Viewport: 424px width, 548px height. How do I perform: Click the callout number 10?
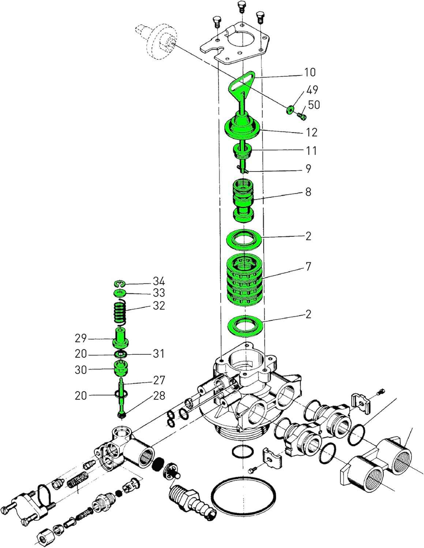(x=309, y=72)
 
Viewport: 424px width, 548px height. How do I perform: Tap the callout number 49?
(x=312, y=90)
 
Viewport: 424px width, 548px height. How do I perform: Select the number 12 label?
(x=312, y=132)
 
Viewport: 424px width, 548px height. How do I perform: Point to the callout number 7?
(x=308, y=267)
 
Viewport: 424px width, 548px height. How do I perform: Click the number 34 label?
(x=159, y=281)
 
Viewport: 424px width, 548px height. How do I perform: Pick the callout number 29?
(x=81, y=339)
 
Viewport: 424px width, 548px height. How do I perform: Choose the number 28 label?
(x=159, y=396)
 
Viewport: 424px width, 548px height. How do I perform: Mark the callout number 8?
(x=308, y=191)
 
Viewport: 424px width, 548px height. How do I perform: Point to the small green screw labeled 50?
(x=301, y=117)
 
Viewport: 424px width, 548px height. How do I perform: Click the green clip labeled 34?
(x=120, y=284)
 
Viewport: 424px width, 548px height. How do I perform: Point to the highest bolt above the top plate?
(x=241, y=5)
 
